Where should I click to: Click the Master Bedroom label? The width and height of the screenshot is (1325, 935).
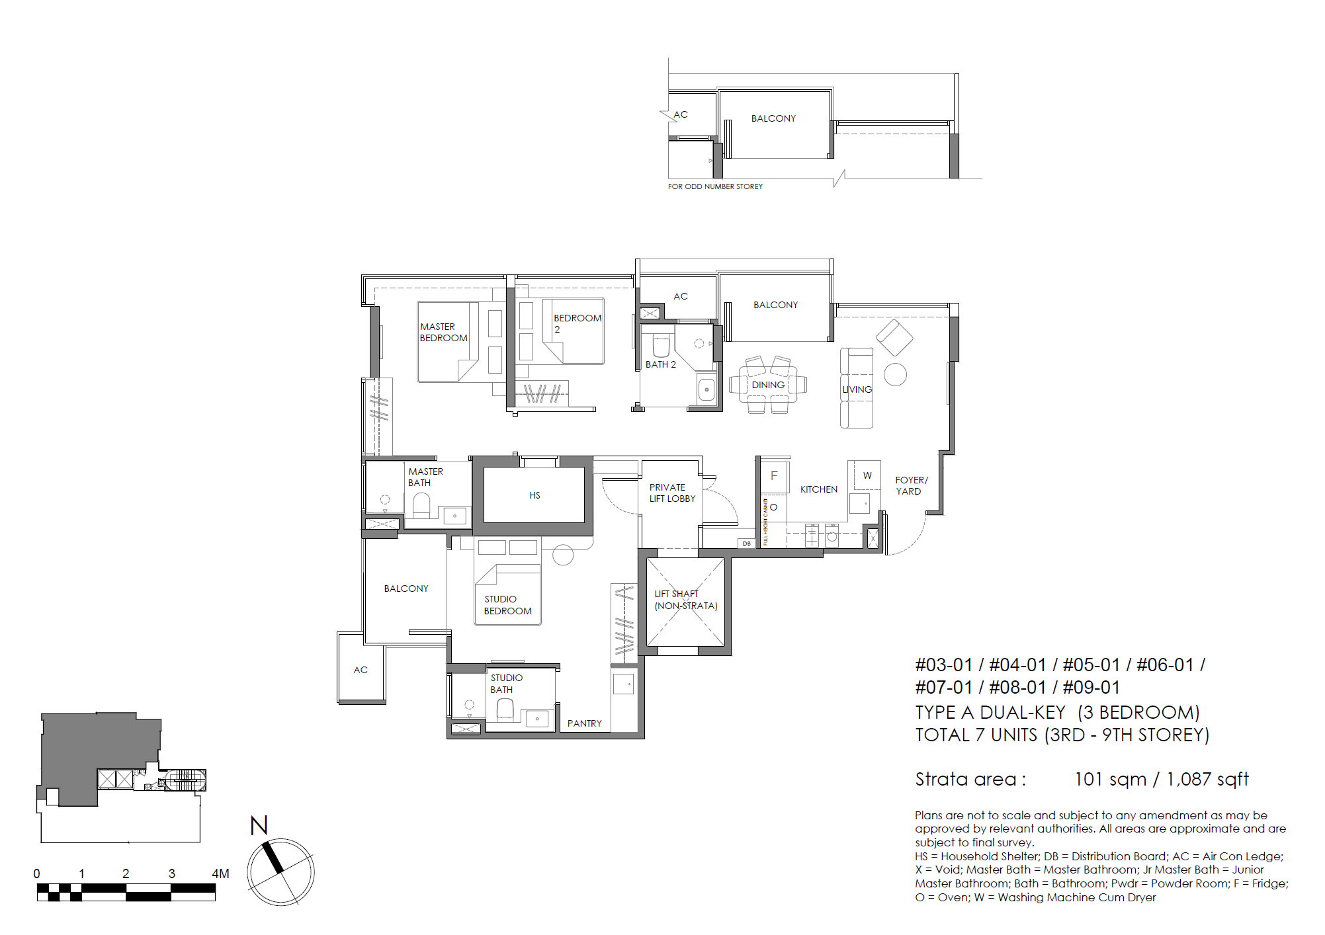(x=443, y=332)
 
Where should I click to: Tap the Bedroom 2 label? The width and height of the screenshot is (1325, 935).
(x=577, y=323)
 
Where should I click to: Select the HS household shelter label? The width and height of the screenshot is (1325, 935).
(x=534, y=495)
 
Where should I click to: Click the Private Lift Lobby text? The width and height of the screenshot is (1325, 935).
(x=671, y=493)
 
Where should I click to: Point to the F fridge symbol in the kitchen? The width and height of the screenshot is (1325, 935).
(x=774, y=475)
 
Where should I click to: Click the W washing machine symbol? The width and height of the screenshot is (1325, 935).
(x=867, y=475)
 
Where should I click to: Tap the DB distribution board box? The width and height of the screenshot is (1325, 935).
(x=746, y=544)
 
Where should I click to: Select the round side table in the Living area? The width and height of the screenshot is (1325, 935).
(x=895, y=374)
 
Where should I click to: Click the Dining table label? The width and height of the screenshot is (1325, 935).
(x=768, y=385)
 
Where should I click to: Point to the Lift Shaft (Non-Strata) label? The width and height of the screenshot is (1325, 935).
(x=685, y=600)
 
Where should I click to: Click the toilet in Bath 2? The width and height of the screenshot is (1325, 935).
(x=660, y=346)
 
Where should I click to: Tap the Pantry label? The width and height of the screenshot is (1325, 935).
(x=584, y=723)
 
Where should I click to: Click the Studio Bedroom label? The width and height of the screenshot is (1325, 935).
(x=507, y=605)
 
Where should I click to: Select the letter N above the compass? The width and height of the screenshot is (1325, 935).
(x=259, y=825)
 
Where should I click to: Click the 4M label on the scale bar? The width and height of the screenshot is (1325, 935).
(x=220, y=874)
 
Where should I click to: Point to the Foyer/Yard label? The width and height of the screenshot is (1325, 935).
(x=911, y=485)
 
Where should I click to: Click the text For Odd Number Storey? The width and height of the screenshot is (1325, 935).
(x=715, y=186)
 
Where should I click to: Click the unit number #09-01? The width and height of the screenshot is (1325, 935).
(x=1091, y=688)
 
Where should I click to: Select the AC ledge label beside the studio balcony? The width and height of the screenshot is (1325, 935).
(x=361, y=670)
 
